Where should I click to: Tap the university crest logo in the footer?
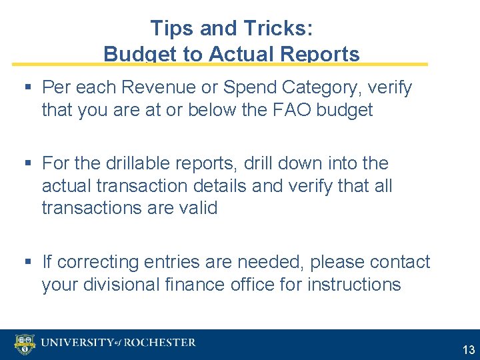point(25,344)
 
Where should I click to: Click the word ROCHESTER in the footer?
point(161,343)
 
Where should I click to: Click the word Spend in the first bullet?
point(251,87)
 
